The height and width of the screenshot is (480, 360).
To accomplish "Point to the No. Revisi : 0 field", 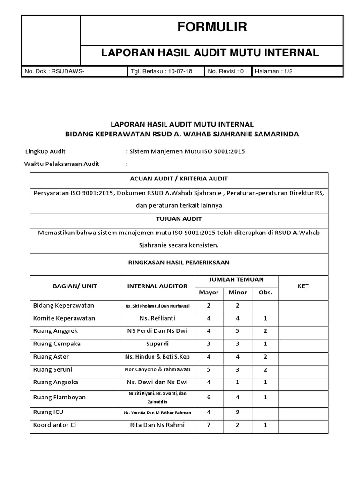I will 225,72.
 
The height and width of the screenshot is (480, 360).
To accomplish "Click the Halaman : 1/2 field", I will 273,72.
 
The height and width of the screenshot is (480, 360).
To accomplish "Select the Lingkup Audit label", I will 45,151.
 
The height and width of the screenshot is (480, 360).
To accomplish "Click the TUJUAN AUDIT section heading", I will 179,219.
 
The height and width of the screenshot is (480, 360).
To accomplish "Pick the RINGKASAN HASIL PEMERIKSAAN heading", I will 179,262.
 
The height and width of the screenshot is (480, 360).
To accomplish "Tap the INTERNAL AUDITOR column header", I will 157,286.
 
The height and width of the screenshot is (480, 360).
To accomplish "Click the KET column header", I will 303,286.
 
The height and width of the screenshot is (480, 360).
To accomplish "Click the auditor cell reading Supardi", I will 157,344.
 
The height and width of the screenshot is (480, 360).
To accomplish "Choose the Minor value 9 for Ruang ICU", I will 238,413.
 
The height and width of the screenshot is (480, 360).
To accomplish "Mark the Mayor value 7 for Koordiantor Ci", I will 209,425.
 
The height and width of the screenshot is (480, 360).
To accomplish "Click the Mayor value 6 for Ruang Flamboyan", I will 209,397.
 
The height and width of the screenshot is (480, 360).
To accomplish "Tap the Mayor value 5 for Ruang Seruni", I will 209,369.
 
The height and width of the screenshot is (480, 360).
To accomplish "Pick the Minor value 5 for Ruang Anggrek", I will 238,331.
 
